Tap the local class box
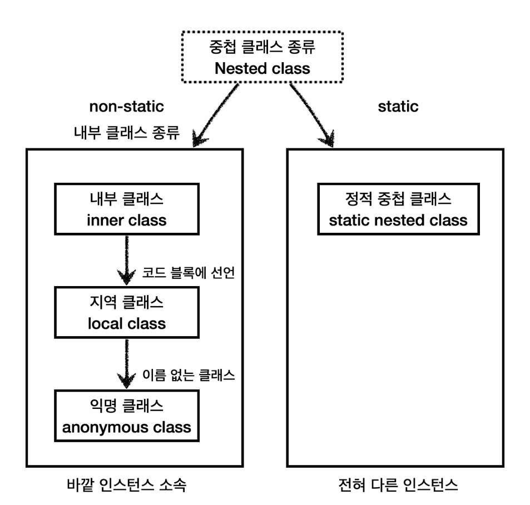pos(126,313)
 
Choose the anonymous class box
pos(126,416)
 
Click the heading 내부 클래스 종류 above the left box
pos(126,134)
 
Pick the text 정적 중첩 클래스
pos(398,198)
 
